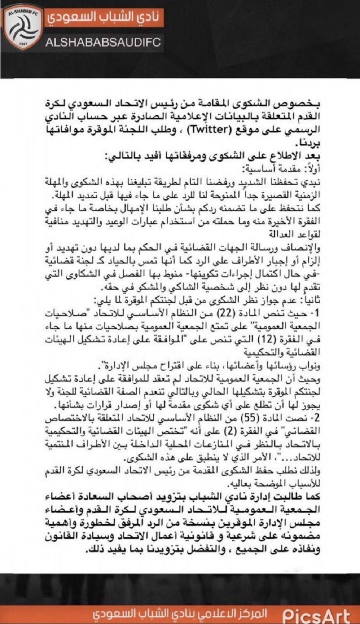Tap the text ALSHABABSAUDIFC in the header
pos(103,43)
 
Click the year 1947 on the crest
pos(24,43)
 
